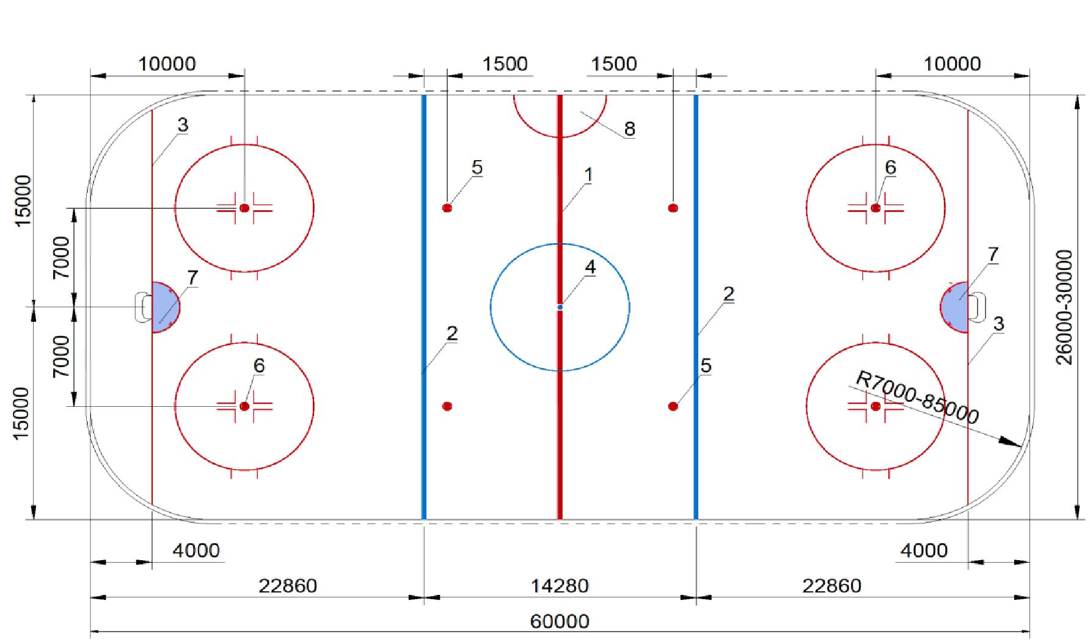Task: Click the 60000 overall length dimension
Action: pyautogui.click(x=560, y=622)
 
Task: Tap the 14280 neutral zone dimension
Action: pyautogui.click(x=560, y=586)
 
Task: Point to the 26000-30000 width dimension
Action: pyautogui.click(x=1065, y=307)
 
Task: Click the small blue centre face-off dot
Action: pyautogui.click(x=560, y=307)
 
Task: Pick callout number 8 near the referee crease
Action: pyautogui.click(x=629, y=129)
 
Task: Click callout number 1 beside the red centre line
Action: pyautogui.click(x=588, y=175)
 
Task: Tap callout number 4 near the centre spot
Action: pyautogui.click(x=590, y=268)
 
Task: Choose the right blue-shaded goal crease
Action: pyautogui.click(x=955, y=307)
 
